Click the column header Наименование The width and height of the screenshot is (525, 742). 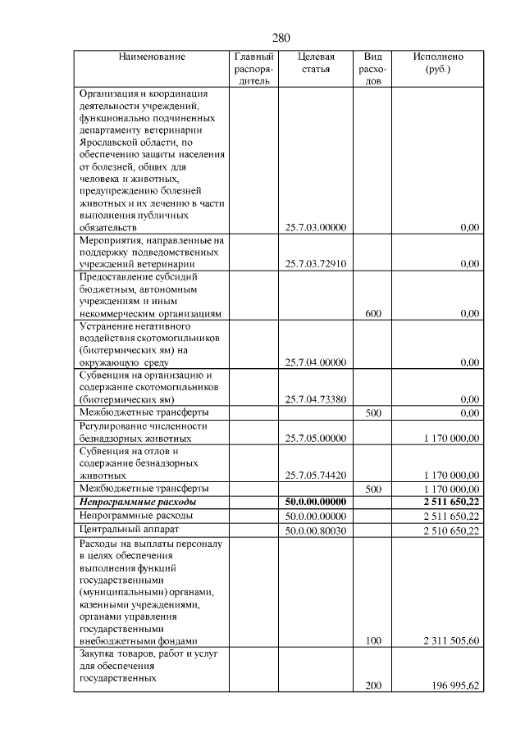[152, 57]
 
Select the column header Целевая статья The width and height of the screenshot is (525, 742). [316, 63]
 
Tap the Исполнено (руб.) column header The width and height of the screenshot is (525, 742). [438, 63]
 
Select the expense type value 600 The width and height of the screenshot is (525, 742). [373, 313]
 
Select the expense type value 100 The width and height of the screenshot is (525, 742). [373, 640]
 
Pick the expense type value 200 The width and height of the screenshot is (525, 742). [373, 685]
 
